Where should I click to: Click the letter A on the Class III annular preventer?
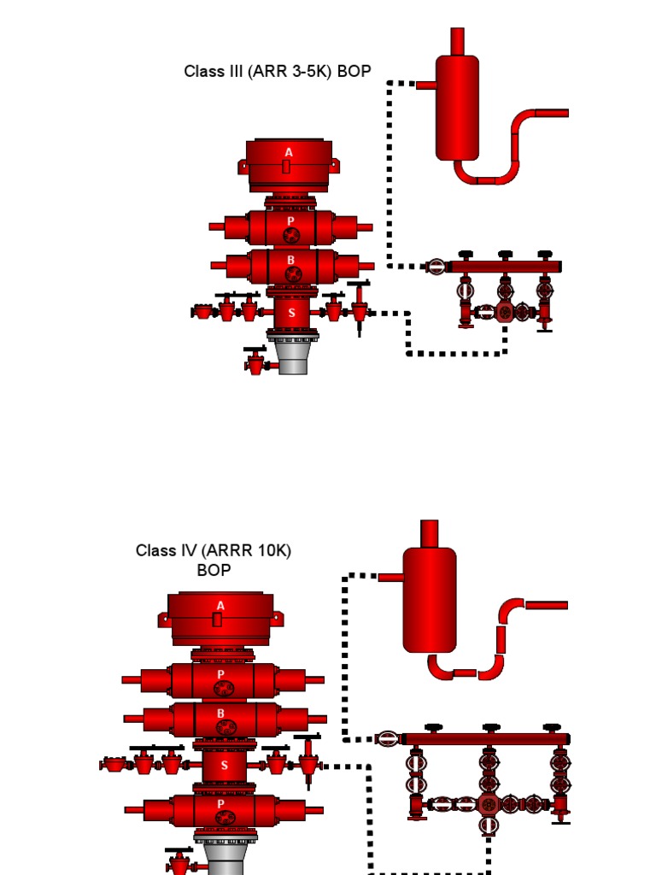[x=289, y=152]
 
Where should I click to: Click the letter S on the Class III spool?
[x=292, y=313]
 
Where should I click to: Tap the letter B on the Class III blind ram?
[x=290, y=260]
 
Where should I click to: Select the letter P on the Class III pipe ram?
[x=290, y=220]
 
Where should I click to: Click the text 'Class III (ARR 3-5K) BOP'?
[x=278, y=72]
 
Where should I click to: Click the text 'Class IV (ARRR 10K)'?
[x=214, y=551]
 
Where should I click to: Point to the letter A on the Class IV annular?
[x=220, y=606]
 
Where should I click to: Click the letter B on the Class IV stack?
[x=221, y=714]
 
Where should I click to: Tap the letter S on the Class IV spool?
[x=225, y=766]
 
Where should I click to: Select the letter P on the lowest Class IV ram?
[x=221, y=803]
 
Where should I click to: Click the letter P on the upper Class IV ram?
[x=220, y=674]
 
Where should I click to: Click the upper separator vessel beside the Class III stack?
[x=457, y=107]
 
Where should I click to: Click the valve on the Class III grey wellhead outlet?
[x=256, y=362]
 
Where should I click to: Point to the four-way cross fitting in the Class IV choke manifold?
[x=489, y=803]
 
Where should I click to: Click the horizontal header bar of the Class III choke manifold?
[x=504, y=267]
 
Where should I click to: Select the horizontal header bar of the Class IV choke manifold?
[x=485, y=739]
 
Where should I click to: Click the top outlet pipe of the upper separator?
[x=457, y=40]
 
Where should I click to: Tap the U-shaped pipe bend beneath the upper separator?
[x=487, y=176]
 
